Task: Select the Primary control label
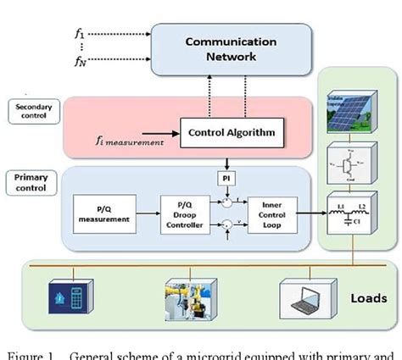click(x=31, y=183)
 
